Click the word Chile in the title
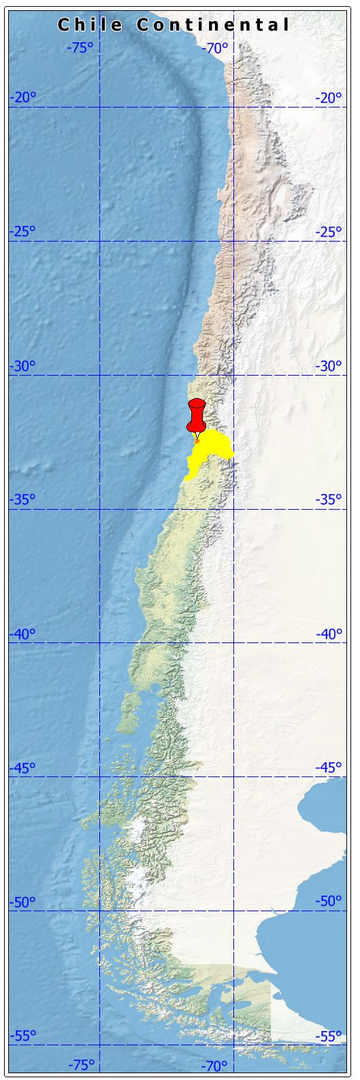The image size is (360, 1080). pyautogui.click(x=90, y=25)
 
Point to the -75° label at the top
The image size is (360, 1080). pyautogui.click(x=80, y=48)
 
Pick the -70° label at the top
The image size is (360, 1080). pyautogui.click(x=215, y=48)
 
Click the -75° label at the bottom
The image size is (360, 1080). pyautogui.click(x=82, y=1064)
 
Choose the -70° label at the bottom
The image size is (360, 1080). pyautogui.click(x=215, y=1064)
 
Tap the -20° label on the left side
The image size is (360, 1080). pyautogui.click(x=22, y=98)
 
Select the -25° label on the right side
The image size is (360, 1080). pyautogui.click(x=329, y=232)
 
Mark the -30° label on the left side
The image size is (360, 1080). pyautogui.click(x=22, y=366)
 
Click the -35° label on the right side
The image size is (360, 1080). pyautogui.click(x=329, y=500)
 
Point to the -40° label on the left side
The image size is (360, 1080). pyautogui.click(x=22, y=634)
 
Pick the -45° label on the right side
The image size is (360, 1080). pyautogui.click(x=329, y=768)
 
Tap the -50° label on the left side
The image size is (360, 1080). pyautogui.click(x=22, y=902)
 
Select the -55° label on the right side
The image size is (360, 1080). pyautogui.click(x=329, y=1036)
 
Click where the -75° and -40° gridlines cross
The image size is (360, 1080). pyautogui.click(x=99, y=642)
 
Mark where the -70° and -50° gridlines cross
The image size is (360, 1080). pyautogui.click(x=233, y=911)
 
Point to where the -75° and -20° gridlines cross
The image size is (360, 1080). pyautogui.click(x=99, y=107)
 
